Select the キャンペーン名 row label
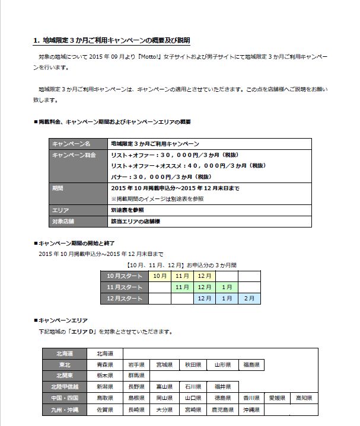(71, 143)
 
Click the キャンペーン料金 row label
(74, 154)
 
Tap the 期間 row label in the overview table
(58, 188)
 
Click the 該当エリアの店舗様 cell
(136, 220)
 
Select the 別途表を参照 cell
(127, 210)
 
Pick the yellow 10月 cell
(160, 276)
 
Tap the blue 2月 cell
(249, 298)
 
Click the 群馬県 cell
(136, 376)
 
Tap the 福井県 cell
(223, 387)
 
